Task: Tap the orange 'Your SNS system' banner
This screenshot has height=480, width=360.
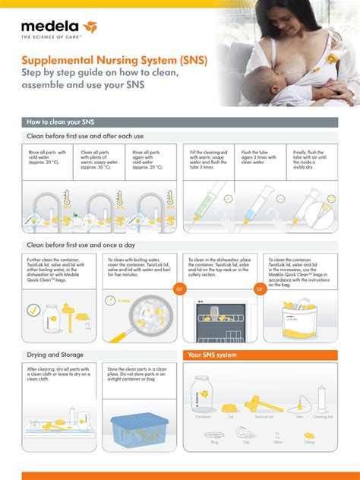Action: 261,355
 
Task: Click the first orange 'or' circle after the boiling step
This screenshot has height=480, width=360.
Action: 180,289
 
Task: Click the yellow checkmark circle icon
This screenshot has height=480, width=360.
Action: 34,310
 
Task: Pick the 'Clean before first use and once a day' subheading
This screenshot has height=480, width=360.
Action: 81,245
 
